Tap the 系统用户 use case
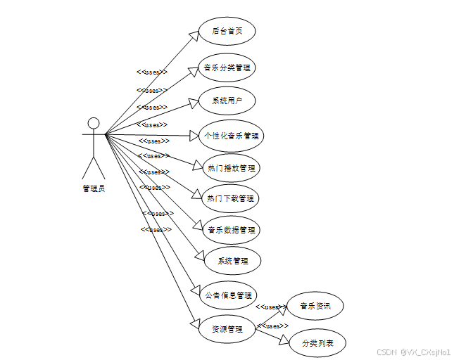point(227,101)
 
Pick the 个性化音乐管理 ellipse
point(231,135)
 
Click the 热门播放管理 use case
point(231,168)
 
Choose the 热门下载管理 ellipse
point(231,198)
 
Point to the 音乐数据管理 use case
point(231,229)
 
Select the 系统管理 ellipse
point(232,261)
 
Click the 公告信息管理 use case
point(228,295)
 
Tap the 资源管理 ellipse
point(227,328)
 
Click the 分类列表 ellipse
point(317,343)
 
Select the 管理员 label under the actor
point(94,188)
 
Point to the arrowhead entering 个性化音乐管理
point(196,135)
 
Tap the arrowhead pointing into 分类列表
point(285,342)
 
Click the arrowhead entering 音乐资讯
point(283,308)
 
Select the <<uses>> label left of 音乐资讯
point(269,307)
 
